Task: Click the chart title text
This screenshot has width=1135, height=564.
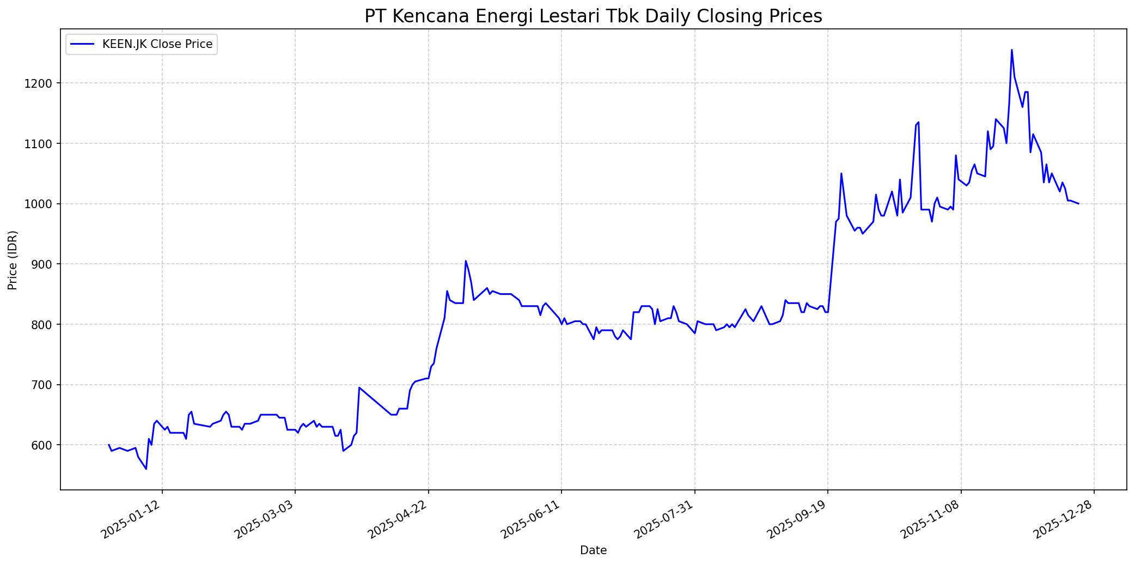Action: [593, 16]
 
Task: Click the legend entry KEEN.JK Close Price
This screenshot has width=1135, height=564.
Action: [157, 44]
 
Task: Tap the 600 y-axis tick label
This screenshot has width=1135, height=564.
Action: [46, 445]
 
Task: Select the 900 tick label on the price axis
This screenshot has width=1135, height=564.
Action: [46, 264]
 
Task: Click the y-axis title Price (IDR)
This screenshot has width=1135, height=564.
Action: [13, 260]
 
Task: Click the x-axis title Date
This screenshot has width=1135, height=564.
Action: [593, 550]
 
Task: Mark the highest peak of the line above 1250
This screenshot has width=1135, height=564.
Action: [1011, 50]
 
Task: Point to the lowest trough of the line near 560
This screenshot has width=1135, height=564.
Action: [146, 469]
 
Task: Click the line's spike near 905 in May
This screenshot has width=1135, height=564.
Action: [466, 261]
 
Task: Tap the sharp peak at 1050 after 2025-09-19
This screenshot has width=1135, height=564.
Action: [841, 174]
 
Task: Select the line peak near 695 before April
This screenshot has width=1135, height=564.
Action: [359, 387]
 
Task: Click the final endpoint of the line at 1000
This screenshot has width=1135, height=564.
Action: [1078, 204]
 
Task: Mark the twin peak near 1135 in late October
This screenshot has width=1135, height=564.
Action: [918, 123]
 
